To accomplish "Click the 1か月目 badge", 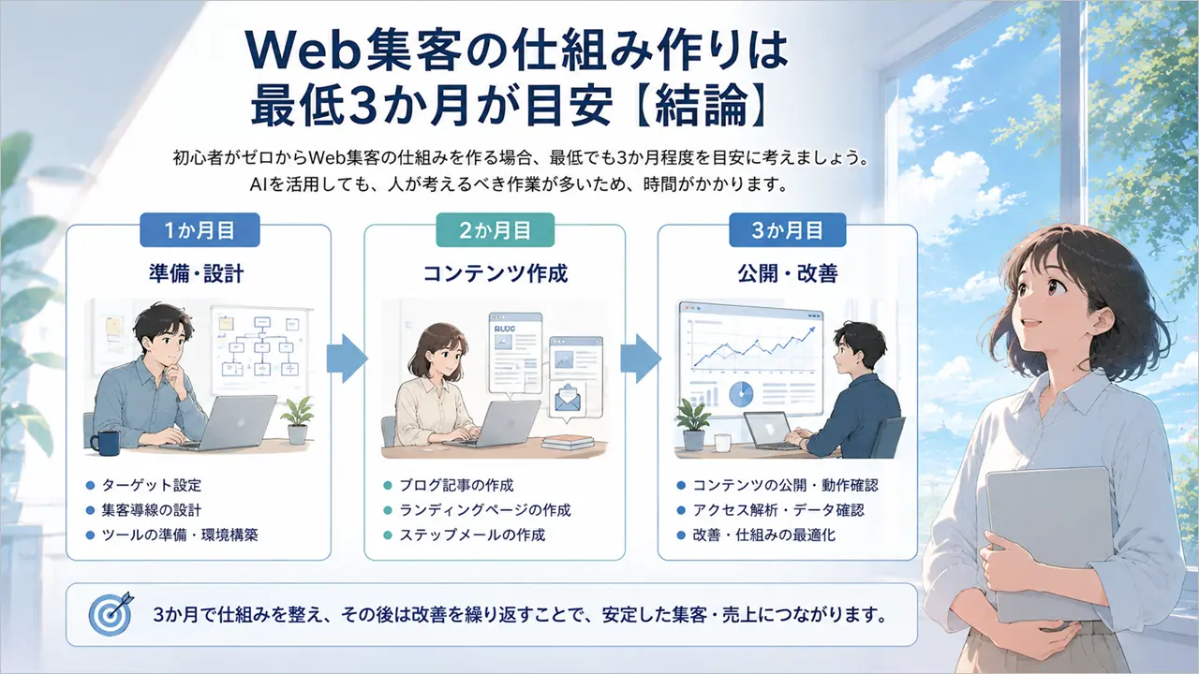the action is pyautogui.click(x=200, y=230).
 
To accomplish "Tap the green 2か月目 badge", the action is pyautogui.click(x=496, y=230).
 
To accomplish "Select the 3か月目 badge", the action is pyautogui.click(x=788, y=230).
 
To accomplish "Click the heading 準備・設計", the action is pyautogui.click(x=197, y=273).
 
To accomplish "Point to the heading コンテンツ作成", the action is pyautogui.click(x=496, y=273).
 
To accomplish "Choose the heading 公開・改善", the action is pyautogui.click(x=788, y=273).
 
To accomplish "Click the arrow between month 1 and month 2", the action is pyautogui.click(x=347, y=359).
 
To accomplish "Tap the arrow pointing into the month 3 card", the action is pyautogui.click(x=641, y=359).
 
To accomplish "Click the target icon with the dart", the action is pyautogui.click(x=111, y=614).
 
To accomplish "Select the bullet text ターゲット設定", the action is pyautogui.click(x=152, y=485).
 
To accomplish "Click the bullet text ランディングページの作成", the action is pyautogui.click(x=485, y=510).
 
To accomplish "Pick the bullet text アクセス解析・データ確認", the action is pyautogui.click(x=778, y=510).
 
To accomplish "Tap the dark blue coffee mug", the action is pyautogui.click(x=106, y=444).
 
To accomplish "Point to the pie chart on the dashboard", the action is pyautogui.click(x=741, y=395).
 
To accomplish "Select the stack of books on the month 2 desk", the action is pyautogui.click(x=568, y=443).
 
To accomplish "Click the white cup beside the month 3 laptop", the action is pyautogui.click(x=722, y=443).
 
